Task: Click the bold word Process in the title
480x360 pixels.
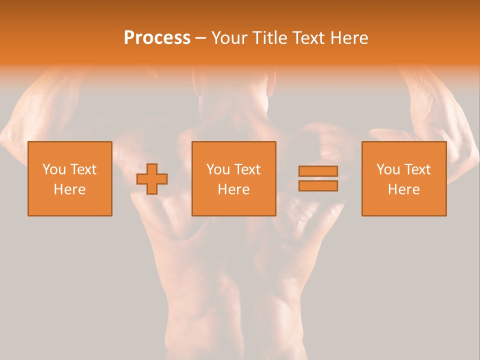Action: (x=157, y=38)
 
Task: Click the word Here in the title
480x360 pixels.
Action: (x=349, y=38)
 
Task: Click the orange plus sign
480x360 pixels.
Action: (x=152, y=179)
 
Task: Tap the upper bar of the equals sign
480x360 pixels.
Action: (x=318, y=171)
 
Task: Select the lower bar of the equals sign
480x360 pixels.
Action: (x=318, y=186)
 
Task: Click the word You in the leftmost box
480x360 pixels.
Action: (x=54, y=169)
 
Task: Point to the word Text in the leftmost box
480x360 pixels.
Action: (x=83, y=169)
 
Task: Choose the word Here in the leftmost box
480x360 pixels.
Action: (x=69, y=189)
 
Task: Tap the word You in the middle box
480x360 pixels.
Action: (x=218, y=169)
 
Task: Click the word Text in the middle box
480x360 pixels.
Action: (x=247, y=169)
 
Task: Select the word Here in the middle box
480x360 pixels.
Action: (x=233, y=189)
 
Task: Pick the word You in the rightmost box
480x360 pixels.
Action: (x=388, y=169)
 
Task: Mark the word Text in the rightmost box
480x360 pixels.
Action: (x=417, y=169)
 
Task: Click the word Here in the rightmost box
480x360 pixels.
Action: (x=403, y=189)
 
